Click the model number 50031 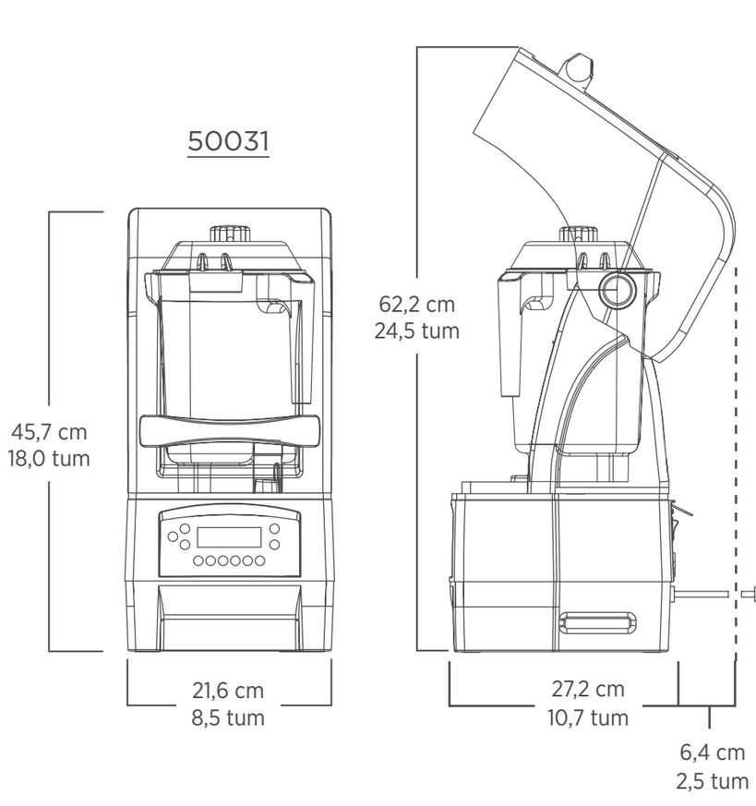pos(228,141)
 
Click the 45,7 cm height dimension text pos(49,432)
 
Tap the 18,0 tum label pos(49,459)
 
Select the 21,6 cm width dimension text pos(228,691)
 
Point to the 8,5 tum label pos(228,717)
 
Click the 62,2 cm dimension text pos(417,305)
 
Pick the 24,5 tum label pos(417,331)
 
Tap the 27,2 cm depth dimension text pos(588,690)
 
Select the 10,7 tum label pos(588,717)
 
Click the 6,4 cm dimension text pos(713,752)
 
